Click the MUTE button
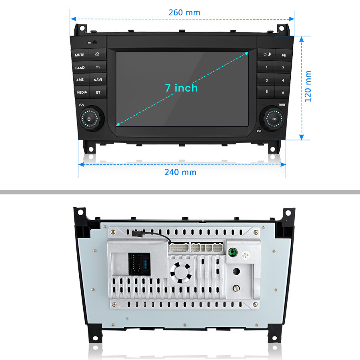[80, 55]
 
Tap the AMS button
[80, 80]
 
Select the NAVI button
[98, 80]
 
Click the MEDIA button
[82, 92]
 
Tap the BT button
[98, 92]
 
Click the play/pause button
[284, 55]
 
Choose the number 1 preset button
[267, 67]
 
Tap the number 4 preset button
[283, 80]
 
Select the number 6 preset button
[283, 92]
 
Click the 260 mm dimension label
[184, 12]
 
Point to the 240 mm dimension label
[180, 172]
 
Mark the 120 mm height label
[308, 86]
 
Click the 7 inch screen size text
[181, 88]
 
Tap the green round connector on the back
[232, 252]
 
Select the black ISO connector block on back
[139, 264]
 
